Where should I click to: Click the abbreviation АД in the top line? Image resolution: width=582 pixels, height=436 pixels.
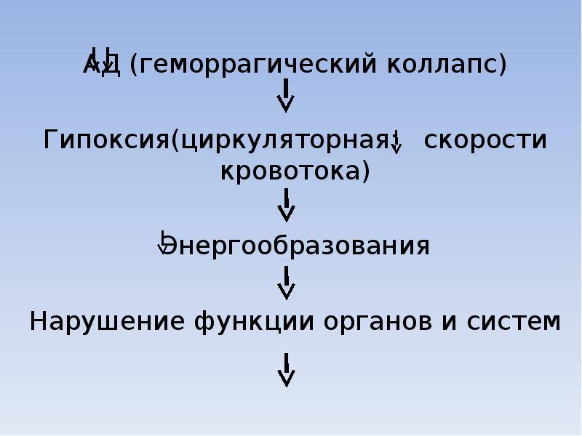coord(103,65)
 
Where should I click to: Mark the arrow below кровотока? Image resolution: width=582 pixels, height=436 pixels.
coord(287,205)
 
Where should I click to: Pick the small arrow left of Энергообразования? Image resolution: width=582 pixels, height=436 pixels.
coord(164,243)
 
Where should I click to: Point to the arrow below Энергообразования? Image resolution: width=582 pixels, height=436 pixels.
coord(287,282)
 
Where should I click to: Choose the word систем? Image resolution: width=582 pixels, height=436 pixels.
coord(514,320)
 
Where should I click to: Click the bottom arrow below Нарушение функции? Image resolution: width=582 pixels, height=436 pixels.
coord(287,370)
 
